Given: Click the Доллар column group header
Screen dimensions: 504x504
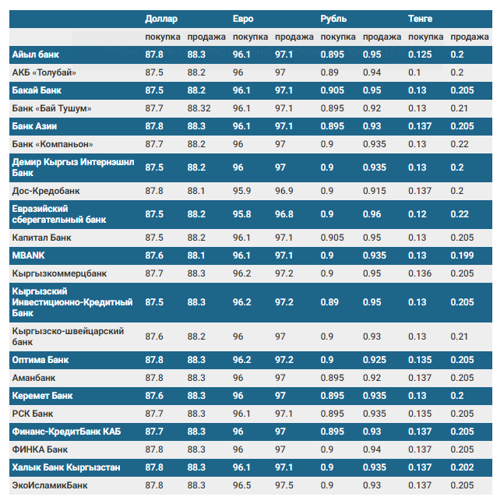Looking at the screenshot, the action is (x=161, y=19).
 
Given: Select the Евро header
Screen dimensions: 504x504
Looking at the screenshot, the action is (x=243, y=19).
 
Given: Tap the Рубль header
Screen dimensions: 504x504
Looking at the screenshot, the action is (x=333, y=19).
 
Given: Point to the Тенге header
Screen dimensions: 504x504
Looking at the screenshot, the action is (x=420, y=19).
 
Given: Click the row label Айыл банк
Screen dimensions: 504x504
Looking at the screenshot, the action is (x=35, y=55).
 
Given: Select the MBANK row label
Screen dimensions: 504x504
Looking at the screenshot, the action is (x=28, y=256).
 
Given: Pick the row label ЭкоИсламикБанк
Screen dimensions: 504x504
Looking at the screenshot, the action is (x=50, y=485).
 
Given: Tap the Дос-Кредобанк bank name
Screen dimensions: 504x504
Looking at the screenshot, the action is (x=46, y=191).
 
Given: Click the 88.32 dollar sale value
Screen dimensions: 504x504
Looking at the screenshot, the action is (x=199, y=108).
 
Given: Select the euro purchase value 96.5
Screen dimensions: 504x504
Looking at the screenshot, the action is (x=241, y=485).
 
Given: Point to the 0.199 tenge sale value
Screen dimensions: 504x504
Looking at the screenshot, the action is (x=462, y=256).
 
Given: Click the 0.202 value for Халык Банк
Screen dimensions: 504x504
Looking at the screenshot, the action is (x=462, y=467).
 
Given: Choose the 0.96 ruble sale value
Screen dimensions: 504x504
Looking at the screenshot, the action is (x=372, y=214).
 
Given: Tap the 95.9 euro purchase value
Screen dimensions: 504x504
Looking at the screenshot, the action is (x=241, y=191).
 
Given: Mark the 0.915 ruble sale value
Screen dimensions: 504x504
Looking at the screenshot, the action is (x=375, y=191).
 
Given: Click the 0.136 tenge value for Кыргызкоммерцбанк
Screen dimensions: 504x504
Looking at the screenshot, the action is (x=420, y=273).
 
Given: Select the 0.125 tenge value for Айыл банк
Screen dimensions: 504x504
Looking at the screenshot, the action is (x=420, y=55).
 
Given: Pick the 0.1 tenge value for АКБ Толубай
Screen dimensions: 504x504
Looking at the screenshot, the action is (x=414, y=72).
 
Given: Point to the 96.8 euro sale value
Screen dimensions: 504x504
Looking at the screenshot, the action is (x=284, y=214).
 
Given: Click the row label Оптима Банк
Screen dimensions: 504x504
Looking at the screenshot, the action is (x=41, y=360).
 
